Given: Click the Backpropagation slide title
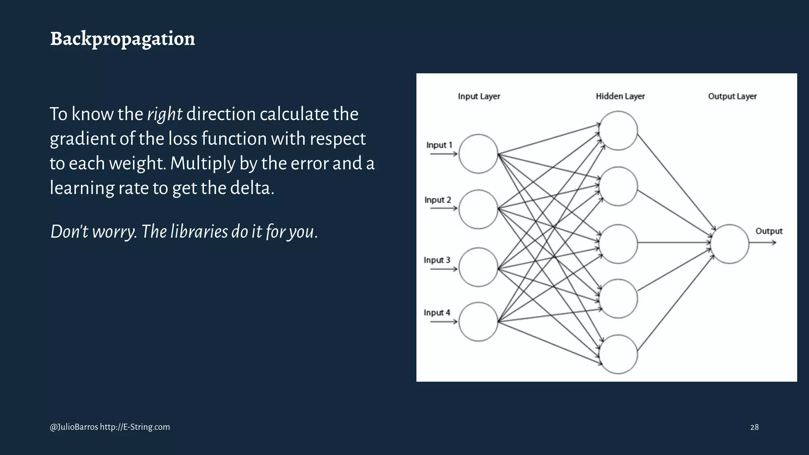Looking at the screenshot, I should click(x=122, y=39).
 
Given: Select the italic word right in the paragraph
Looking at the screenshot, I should click(x=164, y=114).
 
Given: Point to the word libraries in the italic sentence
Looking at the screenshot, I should click(x=199, y=232).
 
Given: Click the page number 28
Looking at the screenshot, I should click(x=754, y=427).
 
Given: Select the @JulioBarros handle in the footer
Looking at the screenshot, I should click(x=74, y=427).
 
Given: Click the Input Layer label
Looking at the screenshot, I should click(x=479, y=96).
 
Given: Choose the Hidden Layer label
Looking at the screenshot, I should click(x=620, y=96).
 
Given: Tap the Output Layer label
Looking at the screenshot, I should click(x=732, y=96).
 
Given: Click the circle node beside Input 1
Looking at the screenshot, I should click(x=478, y=154).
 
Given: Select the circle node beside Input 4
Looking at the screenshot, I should click(x=478, y=322).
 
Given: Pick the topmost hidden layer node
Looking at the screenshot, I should click(x=618, y=130).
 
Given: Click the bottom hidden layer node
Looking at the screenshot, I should click(x=618, y=354).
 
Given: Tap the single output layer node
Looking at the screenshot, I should click(x=730, y=244).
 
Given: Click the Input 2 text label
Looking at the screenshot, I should click(x=437, y=200).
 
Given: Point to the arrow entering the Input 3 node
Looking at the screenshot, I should click(x=443, y=269).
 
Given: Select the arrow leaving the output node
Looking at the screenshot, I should click(x=762, y=243).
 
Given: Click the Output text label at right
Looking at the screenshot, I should click(x=769, y=231).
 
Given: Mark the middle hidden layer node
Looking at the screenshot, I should click(x=618, y=244).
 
